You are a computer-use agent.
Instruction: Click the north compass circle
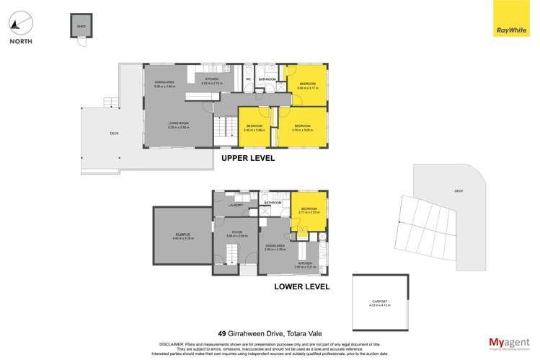coord(20,22)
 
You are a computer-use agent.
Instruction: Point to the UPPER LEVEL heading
coord(247,158)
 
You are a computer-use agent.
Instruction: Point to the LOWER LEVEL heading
coord(301,286)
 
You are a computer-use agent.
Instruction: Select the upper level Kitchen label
coord(211,79)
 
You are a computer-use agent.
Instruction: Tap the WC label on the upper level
coord(247,79)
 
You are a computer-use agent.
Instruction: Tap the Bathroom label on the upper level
coord(267,79)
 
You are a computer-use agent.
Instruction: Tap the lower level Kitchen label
coord(304,264)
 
